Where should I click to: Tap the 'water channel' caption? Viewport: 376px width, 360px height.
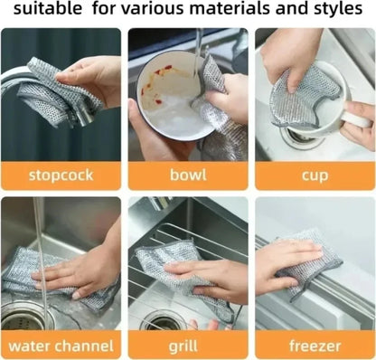pos(60,345)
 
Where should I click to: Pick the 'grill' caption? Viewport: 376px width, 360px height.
pos(187,345)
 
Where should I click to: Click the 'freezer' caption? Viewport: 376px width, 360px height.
pos(315,345)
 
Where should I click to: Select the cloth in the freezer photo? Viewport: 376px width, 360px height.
pos(312,258)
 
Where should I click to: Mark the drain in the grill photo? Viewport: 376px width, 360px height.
pos(163,321)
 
